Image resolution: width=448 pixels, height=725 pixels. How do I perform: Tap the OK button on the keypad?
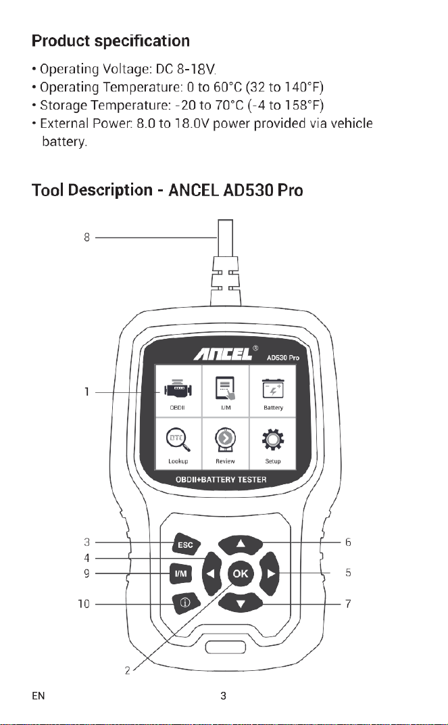click(x=240, y=574)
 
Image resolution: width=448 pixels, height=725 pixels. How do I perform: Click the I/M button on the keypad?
click(x=180, y=574)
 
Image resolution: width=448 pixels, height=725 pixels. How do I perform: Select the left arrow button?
click(x=211, y=574)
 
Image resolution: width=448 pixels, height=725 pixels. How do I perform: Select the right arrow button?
click(x=270, y=574)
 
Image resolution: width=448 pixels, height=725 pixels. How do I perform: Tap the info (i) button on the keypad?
click(x=185, y=603)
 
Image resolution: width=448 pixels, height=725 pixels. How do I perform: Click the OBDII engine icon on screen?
click(x=177, y=391)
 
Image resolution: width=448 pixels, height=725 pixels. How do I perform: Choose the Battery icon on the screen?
click(x=273, y=389)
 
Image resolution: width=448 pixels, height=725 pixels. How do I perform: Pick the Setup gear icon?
click(x=273, y=440)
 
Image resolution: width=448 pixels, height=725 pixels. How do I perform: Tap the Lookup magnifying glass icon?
click(x=178, y=440)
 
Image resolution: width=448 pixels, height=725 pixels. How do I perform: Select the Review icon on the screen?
click(x=225, y=440)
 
